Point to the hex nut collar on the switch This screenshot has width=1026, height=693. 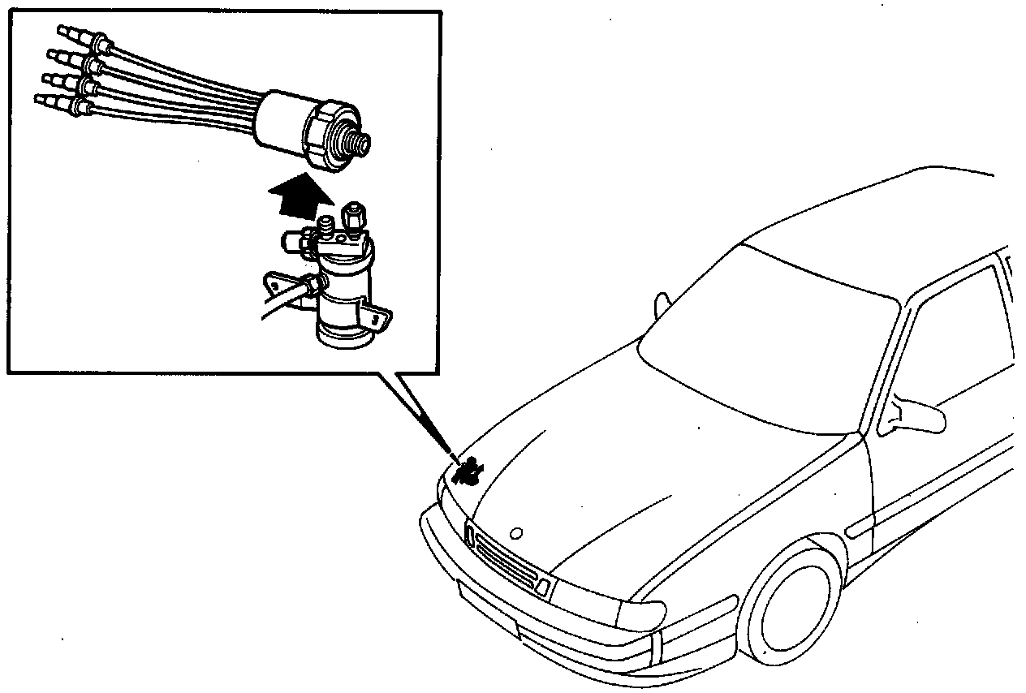[x=324, y=135]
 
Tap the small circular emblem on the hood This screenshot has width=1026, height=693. [x=515, y=534]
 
